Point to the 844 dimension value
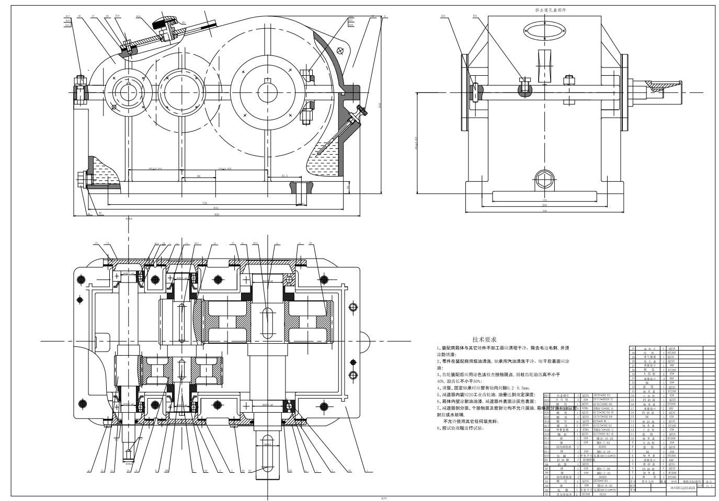[x=215, y=208]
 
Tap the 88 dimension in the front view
[x=199, y=176]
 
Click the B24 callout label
[x=475, y=16]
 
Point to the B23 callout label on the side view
[x=443, y=16]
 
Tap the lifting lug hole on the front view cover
[x=340, y=50]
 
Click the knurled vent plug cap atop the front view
[x=161, y=22]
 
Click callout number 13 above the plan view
[x=96, y=243]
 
